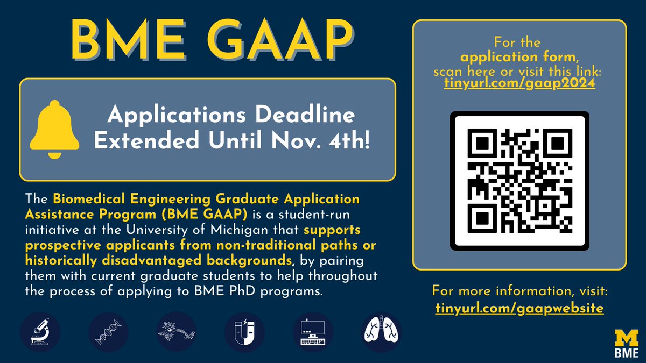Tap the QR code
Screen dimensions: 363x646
(519, 181)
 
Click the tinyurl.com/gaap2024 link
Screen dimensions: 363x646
(519, 84)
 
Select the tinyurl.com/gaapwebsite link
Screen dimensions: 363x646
(519, 309)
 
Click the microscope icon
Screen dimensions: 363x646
(40, 332)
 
